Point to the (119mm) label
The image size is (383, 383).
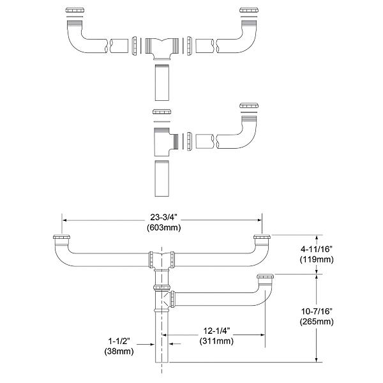[x=317, y=260]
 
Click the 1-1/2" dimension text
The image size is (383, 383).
[x=118, y=341]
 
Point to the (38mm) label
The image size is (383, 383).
[x=118, y=351]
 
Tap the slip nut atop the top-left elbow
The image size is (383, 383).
[x=74, y=11]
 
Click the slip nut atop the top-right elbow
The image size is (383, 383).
[x=248, y=11]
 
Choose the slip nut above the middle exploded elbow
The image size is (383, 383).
[x=248, y=106]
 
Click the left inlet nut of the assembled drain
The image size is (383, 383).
[x=61, y=240]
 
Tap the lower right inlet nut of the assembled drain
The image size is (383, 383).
[x=266, y=278]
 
